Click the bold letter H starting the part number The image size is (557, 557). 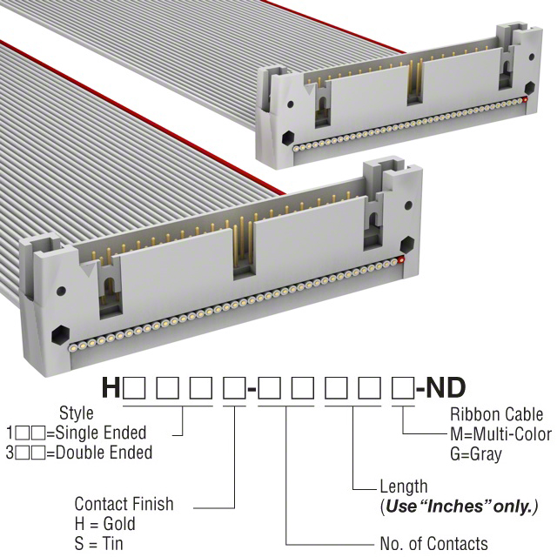(111, 387)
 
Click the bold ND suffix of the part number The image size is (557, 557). (446, 387)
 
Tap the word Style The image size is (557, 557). (77, 413)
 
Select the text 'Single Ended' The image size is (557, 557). (101, 433)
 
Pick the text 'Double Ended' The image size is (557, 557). (104, 453)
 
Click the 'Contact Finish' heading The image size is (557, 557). (124, 504)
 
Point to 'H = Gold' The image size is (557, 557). (105, 524)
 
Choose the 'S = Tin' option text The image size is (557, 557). (98, 543)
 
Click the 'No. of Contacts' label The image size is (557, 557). (433, 543)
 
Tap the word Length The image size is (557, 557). (404, 487)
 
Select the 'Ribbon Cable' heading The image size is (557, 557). (497, 414)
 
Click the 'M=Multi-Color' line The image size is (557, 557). (501, 434)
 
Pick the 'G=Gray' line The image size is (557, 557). (476, 454)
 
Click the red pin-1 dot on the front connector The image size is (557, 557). (401, 259)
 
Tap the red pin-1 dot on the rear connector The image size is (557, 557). (525, 100)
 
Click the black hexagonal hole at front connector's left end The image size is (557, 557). (60, 334)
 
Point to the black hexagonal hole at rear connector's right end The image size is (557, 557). (529, 87)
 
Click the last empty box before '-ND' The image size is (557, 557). (403, 388)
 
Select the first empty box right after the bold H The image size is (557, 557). (133, 388)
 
